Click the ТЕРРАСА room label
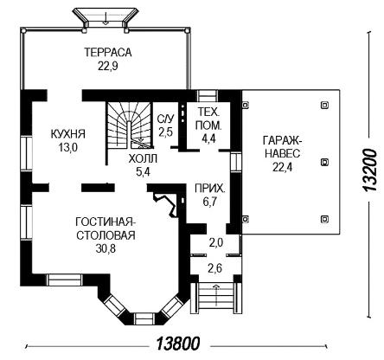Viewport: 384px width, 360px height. [x=108, y=52]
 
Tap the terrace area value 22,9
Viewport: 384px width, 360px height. [x=108, y=67]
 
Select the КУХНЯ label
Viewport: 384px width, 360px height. [x=68, y=134]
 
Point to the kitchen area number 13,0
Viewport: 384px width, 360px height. [x=68, y=148]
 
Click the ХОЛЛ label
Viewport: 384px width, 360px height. [x=143, y=158]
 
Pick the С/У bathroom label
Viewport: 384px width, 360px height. [x=166, y=119]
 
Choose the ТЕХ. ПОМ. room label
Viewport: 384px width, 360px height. [x=208, y=119]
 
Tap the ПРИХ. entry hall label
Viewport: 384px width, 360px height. [x=209, y=189]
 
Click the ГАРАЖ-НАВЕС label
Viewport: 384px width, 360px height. [x=282, y=147]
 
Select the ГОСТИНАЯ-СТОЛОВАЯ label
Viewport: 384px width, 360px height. [x=106, y=228]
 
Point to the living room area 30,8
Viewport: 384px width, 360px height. [x=106, y=248]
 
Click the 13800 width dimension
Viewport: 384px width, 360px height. [x=178, y=344]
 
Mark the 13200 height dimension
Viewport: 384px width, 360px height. [x=369, y=170]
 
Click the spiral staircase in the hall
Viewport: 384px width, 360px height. [x=129, y=124]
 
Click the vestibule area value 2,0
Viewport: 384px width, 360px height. [x=216, y=243]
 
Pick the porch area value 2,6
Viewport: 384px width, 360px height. [x=215, y=268]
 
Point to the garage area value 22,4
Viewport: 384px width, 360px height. [x=283, y=167]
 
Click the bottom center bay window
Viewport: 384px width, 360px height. [x=145, y=318]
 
